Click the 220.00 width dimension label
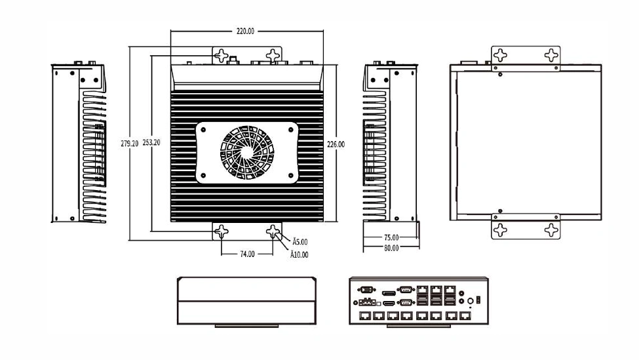[x=245, y=31]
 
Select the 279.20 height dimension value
[x=130, y=144]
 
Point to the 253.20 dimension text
[x=151, y=143]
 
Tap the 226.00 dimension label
[x=336, y=144]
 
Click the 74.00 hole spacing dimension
[x=247, y=254]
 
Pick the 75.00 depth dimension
[x=391, y=237]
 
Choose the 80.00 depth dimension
[x=391, y=248]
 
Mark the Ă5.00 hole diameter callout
[x=300, y=242]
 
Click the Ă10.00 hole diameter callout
[x=299, y=255]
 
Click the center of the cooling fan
[x=247, y=152]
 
